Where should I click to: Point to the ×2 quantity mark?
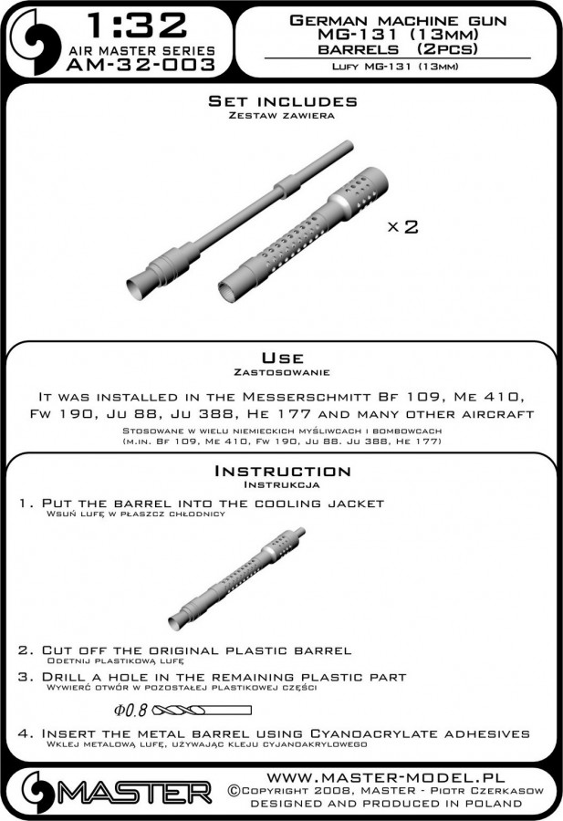(401, 228)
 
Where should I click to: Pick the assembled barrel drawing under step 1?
(237, 575)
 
